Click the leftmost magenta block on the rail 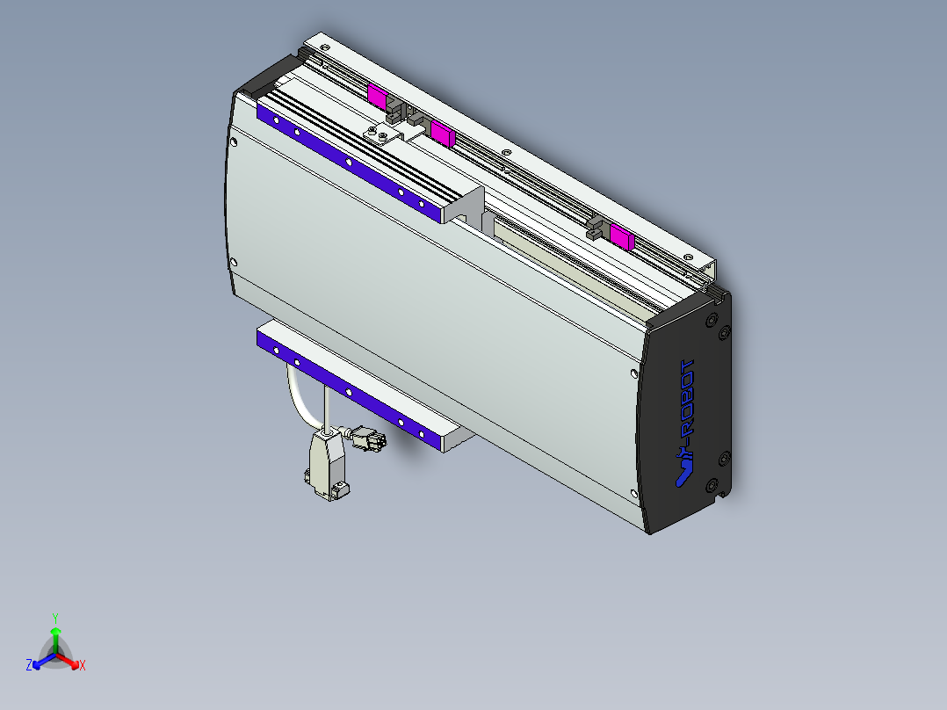[x=377, y=96]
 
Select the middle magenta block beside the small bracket [x=441, y=134]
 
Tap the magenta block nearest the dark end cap [x=622, y=236]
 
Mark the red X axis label [x=83, y=666]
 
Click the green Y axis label [x=55, y=618]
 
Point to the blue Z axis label [x=29, y=666]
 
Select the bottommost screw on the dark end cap [x=712, y=484]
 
